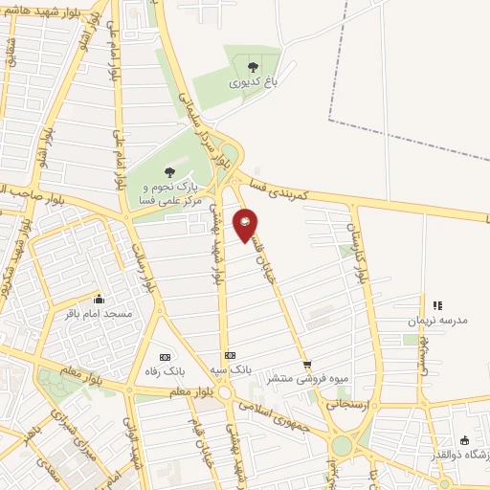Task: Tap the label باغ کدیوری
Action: click(x=253, y=83)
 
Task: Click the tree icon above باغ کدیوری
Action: click(x=253, y=67)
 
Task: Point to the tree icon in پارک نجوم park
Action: click(x=169, y=172)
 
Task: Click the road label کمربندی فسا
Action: click(x=283, y=187)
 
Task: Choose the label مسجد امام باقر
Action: click(x=99, y=313)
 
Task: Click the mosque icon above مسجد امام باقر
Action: click(x=99, y=298)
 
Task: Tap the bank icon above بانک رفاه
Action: click(x=164, y=354)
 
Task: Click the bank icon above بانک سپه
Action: click(x=229, y=354)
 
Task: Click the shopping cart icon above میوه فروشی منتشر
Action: click(x=307, y=364)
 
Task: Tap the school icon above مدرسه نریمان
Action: click(x=437, y=305)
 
